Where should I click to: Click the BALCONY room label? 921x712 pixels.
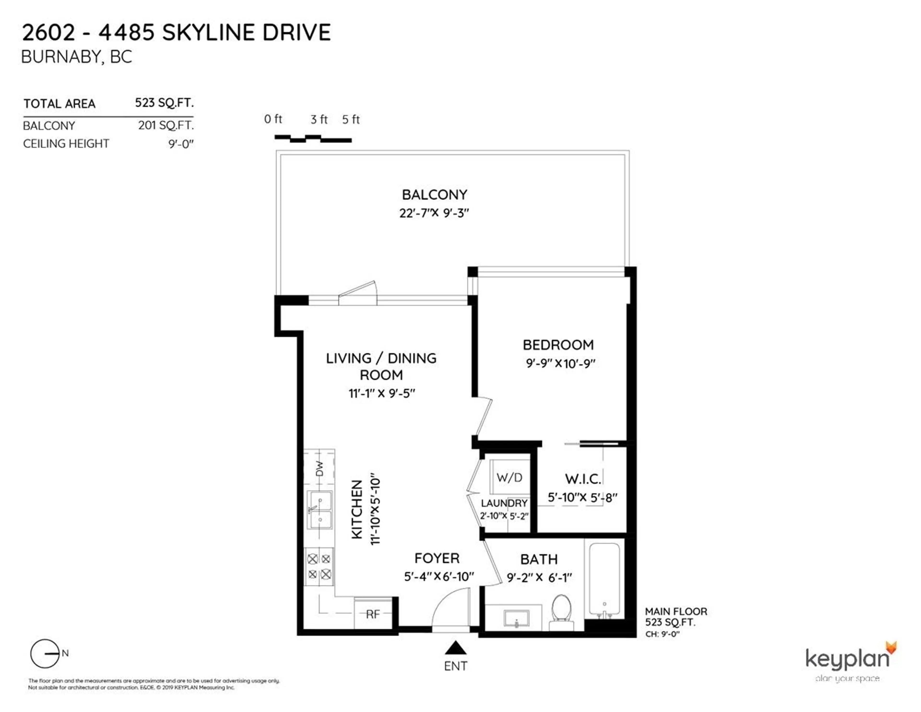434,195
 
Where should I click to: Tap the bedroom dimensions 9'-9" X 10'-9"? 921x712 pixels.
560,363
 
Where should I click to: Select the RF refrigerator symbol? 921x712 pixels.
373,614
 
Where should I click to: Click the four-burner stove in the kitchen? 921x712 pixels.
319,566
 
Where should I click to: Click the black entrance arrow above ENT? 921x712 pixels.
455,648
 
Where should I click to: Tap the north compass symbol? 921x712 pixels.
45,654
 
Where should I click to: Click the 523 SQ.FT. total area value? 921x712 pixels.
164,103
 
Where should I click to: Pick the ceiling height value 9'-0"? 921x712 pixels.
181,144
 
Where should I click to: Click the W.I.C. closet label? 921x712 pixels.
583,479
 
